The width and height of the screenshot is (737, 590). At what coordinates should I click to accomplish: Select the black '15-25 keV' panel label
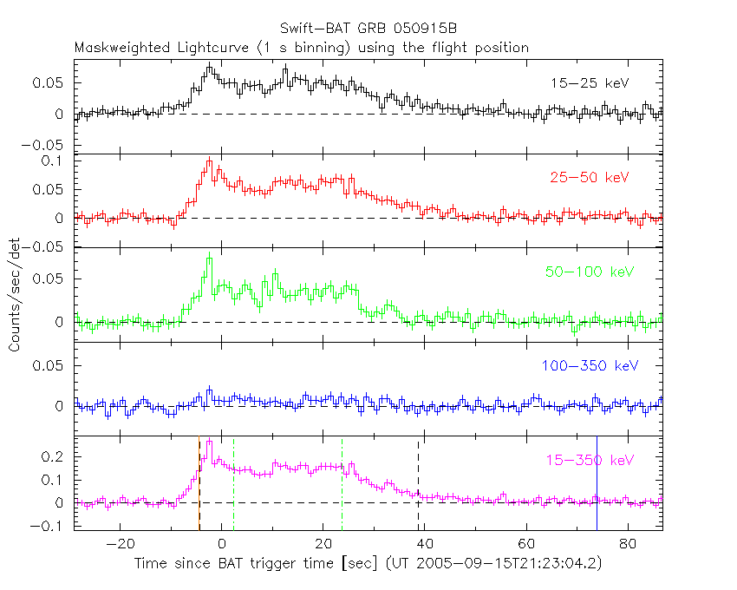tap(589, 83)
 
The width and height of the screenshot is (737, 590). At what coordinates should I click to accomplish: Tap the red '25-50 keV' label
tap(589, 177)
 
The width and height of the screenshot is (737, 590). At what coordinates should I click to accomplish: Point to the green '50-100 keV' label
tap(585, 272)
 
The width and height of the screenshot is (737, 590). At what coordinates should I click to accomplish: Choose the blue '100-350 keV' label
tap(590, 366)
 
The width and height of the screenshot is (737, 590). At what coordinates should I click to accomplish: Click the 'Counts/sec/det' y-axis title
tap(15, 295)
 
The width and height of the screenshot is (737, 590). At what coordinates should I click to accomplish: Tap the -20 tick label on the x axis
tap(120, 543)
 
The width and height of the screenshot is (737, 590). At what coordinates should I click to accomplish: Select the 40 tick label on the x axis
tap(424, 543)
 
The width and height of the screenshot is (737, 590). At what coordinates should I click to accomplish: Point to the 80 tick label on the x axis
tap(627, 543)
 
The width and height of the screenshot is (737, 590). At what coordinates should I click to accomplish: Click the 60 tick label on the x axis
tap(525, 543)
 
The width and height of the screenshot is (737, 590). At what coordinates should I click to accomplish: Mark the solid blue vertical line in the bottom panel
tap(597, 482)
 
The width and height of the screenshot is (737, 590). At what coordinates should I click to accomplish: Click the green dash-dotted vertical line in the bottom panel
tap(342, 482)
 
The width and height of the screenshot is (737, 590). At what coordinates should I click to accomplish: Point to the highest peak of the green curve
tap(209, 259)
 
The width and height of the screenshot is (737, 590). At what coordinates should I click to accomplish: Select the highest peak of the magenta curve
tap(209, 442)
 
